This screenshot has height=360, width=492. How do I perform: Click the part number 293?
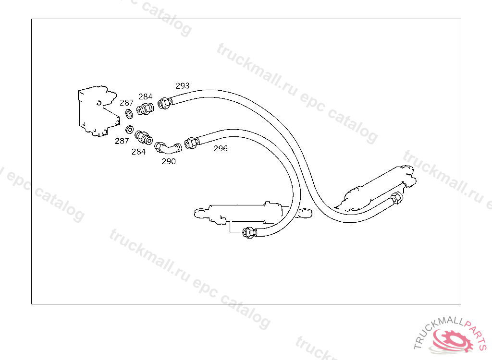point(183,86)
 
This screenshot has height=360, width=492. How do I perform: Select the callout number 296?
point(221,148)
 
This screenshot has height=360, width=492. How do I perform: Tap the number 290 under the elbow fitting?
point(169,161)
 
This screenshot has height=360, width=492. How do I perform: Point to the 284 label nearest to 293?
point(146,97)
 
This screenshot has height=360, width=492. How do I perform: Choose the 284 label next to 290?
point(138,152)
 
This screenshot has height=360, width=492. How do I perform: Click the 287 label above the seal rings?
point(127,103)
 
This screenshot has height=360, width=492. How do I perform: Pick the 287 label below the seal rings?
point(122,141)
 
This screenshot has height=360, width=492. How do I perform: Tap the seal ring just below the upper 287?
point(129,114)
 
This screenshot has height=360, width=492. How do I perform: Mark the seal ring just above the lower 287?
point(129,130)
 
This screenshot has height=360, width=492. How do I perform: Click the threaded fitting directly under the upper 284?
point(145,109)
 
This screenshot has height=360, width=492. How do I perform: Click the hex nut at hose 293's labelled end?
point(164,102)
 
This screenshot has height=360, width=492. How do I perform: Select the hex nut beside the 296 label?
point(190,143)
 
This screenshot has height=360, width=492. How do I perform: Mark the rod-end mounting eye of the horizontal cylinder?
point(200,212)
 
